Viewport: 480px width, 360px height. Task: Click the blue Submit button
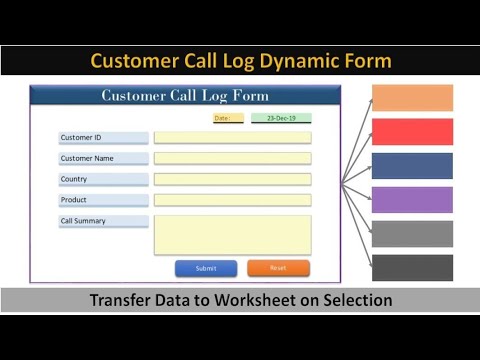click(206, 268)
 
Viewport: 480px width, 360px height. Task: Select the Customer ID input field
click(232, 138)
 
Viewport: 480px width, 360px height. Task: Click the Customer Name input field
click(232, 158)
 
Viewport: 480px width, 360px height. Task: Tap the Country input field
click(232, 179)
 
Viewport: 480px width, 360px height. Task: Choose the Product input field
click(232, 200)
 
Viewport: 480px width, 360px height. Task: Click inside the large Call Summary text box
click(232, 235)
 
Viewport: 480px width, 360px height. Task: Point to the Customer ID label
click(103, 138)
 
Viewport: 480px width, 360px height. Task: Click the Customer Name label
click(103, 158)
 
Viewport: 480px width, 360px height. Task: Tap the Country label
click(103, 179)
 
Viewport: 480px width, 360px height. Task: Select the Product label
click(103, 200)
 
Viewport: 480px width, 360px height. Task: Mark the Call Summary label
click(103, 221)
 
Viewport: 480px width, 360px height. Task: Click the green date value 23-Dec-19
click(281, 118)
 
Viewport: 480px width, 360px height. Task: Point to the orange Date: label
click(228, 118)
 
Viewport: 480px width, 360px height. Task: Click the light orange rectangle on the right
click(412, 98)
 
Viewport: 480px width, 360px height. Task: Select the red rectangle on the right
click(412, 132)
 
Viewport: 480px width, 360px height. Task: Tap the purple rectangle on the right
click(412, 200)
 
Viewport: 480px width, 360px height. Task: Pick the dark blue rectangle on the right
click(412, 166)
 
